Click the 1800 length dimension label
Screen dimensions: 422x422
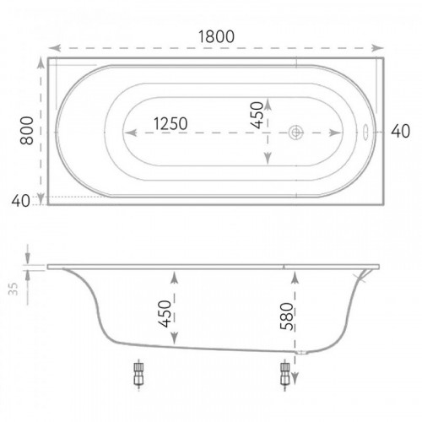click(x=216, y=36)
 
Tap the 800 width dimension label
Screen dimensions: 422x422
click(x=27, y=131)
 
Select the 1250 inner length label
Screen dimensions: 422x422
click(x=170, y=123)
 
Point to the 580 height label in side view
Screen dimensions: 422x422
click(x=287, y=316)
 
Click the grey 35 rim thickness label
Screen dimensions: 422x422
click(x=13, y=289)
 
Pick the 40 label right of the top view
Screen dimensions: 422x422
click(x=400, y=131)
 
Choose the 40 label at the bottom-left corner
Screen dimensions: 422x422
click(x=20, y=201)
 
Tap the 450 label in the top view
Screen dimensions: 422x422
click(x=257, y=116)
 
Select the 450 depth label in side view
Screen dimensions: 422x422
click(x=165, y=314)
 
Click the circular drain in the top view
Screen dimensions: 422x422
click(x=296, y=133)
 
